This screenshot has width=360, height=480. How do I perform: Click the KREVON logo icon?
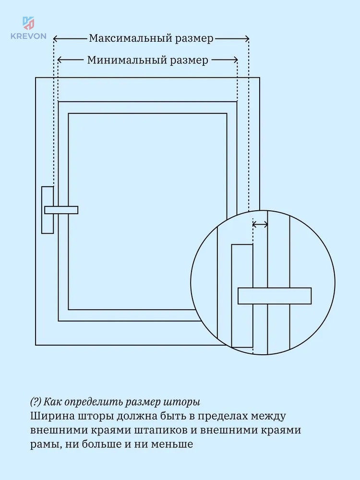click(28, 24)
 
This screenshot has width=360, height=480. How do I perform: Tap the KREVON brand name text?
click(28, 36)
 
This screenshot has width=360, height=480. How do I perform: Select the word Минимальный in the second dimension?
click(127, 60)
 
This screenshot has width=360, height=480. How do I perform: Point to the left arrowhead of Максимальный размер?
click(56, 38)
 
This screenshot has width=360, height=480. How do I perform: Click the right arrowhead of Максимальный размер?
click(247, 38)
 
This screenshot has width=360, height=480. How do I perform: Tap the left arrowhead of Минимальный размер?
click(60, 60)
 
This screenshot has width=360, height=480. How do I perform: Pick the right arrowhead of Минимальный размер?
click(235, 60)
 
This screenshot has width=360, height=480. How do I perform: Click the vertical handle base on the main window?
click(48, 210)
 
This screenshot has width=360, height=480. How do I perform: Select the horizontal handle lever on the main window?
click(61, 210)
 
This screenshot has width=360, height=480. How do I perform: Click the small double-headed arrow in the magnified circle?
click(260, 225)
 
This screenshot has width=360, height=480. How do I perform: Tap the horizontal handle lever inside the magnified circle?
click(275, 296)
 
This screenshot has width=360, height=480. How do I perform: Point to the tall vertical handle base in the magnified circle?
click(242, 296)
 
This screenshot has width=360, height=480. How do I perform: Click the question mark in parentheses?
click(36, 401)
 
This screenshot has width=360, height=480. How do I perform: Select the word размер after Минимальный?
click(189, 60)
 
